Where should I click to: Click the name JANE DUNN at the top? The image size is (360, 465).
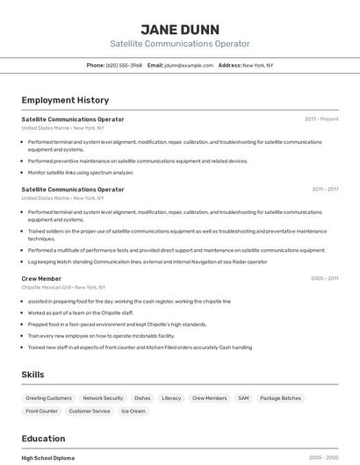(x=180, y=29)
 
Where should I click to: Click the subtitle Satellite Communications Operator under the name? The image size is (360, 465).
(x=180, y=44)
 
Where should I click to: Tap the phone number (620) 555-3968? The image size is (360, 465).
(x=124, y=65)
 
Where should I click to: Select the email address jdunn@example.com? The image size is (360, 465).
(x=189, y=65)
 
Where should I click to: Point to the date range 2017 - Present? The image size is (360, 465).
(x=321, y=119)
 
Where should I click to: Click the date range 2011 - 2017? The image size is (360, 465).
(x=324, y=190)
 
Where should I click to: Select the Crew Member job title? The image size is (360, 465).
(x=41, y=278)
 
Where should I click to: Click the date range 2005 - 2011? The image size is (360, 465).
(x=324, y=278)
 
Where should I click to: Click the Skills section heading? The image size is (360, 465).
(x=32, y=375)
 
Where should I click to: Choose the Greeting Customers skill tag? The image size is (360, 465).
(x=49, y=398)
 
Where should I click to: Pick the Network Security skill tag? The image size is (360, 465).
(x=103, y=398)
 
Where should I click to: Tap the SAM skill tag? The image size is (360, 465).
(x=243, y=398)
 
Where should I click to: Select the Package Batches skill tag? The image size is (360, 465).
(x=280, y=398)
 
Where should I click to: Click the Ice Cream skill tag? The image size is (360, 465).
(x=133, y=411)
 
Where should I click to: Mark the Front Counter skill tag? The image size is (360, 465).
(x=42, y=411)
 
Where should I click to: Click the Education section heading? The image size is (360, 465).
(x=43, y=439)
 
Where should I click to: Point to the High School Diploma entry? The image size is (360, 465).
(x=48, y=458)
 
